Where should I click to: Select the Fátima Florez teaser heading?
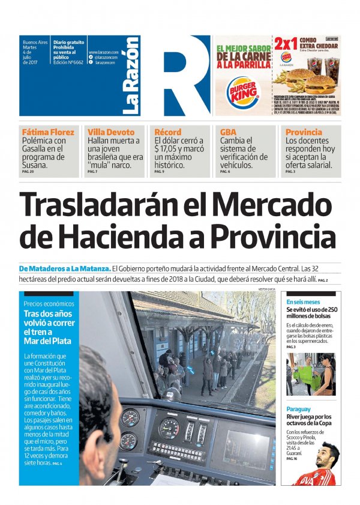pos(48,132)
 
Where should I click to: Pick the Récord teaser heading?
pos(167,132)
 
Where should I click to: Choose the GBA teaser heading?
pos(228,132)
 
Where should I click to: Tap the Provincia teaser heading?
pos(304,132)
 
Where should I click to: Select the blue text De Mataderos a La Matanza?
pos(65,268)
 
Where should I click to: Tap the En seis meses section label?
pos(303,301)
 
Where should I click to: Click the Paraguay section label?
pos(298,409)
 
